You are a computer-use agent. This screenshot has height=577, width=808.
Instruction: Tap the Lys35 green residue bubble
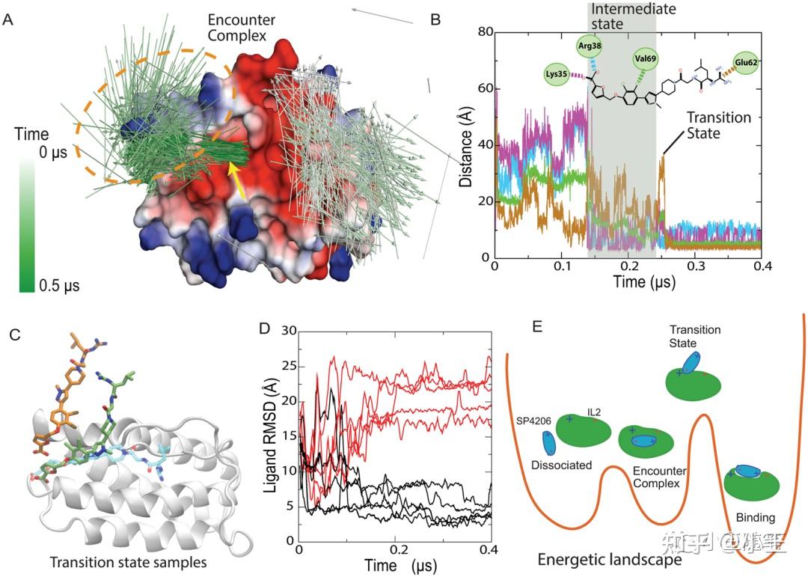tap(557, 75)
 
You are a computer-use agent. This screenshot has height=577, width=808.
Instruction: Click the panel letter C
tap(16, 335)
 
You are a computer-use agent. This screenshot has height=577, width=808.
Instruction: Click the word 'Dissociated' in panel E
tap(562, 465)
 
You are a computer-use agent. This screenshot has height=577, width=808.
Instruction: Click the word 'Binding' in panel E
tap(756, 517)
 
